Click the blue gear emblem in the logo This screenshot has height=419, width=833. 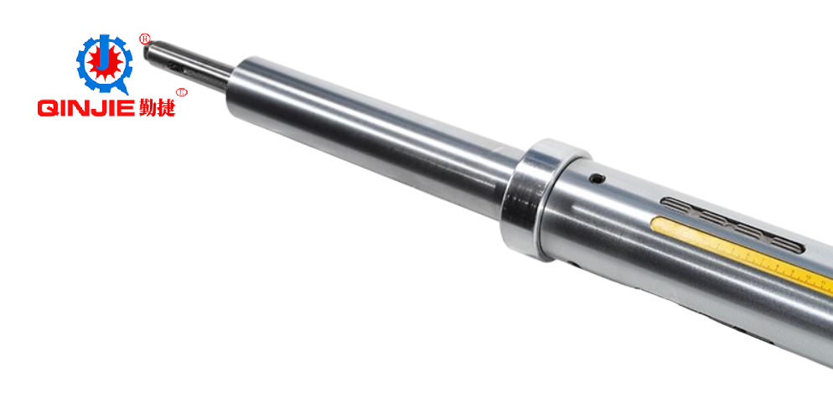tap(104, 64)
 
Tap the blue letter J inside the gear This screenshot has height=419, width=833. tap(105, 56)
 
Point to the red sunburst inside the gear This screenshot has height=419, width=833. tap(105, 64)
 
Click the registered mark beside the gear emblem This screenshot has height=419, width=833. tap(144, 39)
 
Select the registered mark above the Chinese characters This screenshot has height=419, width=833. tap(182, 92)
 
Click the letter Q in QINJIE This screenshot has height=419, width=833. tap(47, 108)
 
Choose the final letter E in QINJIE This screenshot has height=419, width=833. tap(126, 108)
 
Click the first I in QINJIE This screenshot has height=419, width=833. tap(62, 108)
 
